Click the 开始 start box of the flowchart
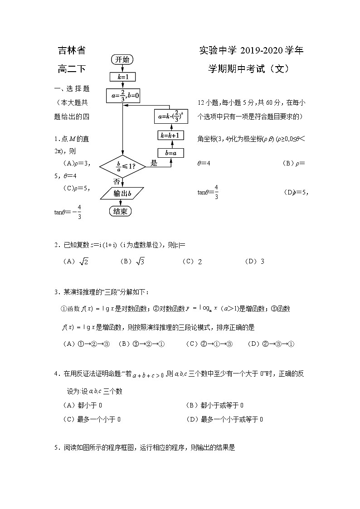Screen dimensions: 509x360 (x=122, y=59)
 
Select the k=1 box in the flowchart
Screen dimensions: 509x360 (x=122, y=77)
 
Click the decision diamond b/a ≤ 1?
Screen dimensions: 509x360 (x=122, y=166)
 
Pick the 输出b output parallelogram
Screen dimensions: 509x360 (x=122, y=194)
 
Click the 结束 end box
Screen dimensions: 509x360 (x=120, y=211)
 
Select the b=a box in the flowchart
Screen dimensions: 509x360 (x=171, y=153)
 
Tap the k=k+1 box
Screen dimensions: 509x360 (x=171, y=135)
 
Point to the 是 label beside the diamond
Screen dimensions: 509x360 (x=154, y=163)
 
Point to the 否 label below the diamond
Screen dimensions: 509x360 (x=117, y=181)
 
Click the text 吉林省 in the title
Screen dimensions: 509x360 (x=72, y=50)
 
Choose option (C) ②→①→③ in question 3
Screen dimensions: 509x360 (x=209, y=344)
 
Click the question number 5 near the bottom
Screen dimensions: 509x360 (x=56, y=447)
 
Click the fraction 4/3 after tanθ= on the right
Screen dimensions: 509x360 (x=216, y=192)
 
